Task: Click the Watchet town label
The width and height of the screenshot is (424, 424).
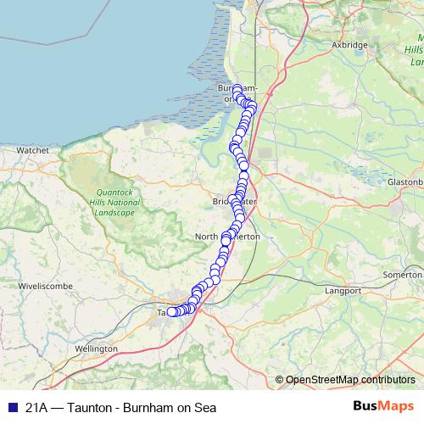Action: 32,149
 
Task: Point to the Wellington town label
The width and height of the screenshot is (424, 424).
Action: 96,349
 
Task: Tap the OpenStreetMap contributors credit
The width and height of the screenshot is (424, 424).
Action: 349,379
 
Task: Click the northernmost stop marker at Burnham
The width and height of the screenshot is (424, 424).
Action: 237,88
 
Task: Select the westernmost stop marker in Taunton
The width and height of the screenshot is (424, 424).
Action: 171,312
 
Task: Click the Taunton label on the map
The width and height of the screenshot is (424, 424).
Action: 163,312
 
